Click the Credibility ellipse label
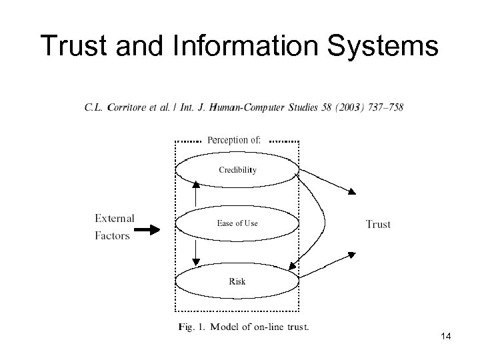[237, 170]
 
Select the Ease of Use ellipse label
[237, 223]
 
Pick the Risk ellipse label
[237, 281]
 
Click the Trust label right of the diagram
[378, 225]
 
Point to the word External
[114, 218]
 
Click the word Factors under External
[112, 236]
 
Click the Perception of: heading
[234, 140]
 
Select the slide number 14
[446, 337]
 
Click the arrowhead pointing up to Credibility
[195, 183]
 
